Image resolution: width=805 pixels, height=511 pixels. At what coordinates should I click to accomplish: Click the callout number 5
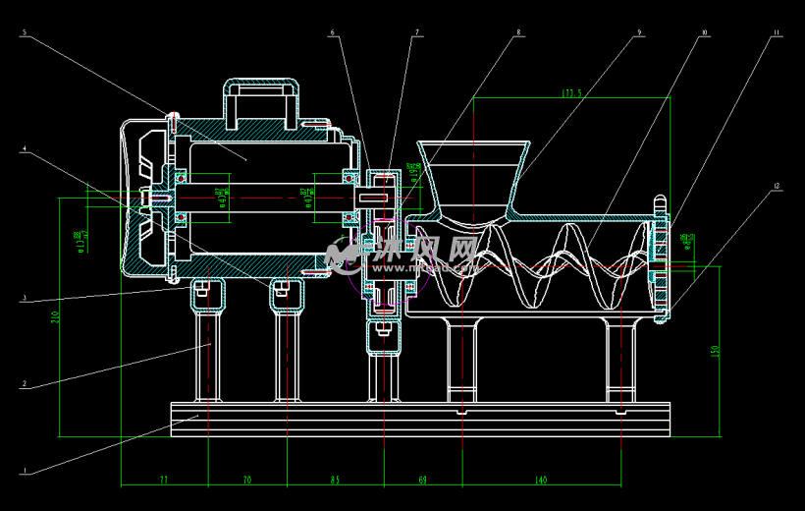(x=24, y=33)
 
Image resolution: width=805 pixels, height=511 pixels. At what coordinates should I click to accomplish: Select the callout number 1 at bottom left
(x=24, y=471)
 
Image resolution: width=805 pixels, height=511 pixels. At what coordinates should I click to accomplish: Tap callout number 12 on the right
(x=777, y=185)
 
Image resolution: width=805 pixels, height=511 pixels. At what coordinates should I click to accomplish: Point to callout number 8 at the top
(x=518, y=33)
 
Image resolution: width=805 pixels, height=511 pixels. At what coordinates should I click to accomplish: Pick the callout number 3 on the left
(x=24, y=300)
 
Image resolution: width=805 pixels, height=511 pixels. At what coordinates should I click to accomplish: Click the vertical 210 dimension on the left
(x=55, y=316)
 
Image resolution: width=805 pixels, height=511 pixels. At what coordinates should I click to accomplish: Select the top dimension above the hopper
(x=571, y=93)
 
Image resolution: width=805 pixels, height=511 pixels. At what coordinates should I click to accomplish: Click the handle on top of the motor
(x=261, y=99)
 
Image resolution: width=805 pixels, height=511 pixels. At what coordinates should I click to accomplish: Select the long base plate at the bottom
(x=419, y=419)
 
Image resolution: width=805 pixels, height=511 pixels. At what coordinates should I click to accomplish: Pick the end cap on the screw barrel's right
(x=659, y=259)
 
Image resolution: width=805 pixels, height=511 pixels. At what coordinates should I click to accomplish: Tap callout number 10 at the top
(x=704, y=33)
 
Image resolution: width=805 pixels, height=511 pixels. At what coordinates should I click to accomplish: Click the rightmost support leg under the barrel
(x=620, y=359)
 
